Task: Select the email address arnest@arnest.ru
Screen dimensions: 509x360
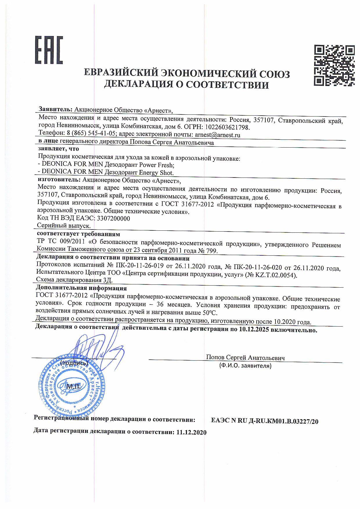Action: click(218, 135)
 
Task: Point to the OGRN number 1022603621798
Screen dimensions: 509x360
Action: click(227, 127)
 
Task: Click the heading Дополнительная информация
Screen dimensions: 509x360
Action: click(81, 288)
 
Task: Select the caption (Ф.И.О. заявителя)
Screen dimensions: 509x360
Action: click(245, 366)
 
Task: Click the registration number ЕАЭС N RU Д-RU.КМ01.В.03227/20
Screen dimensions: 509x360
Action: click(264, 421)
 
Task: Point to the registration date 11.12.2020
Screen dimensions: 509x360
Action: click(191, 432)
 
